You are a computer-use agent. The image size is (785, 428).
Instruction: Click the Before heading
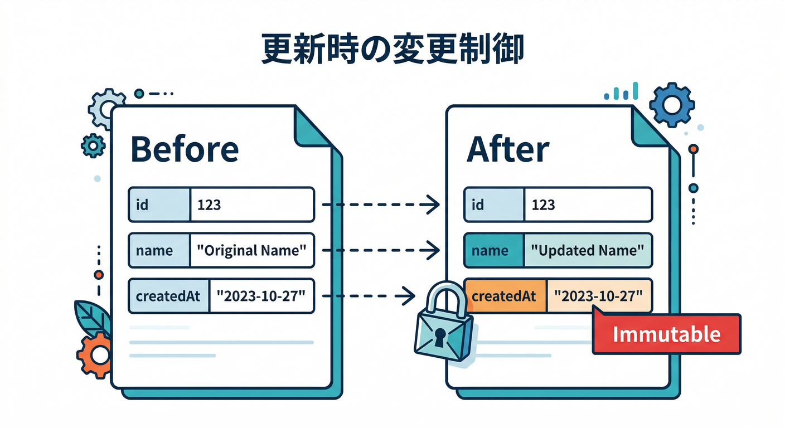[185, 149]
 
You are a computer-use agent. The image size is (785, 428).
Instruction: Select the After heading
[507, 149]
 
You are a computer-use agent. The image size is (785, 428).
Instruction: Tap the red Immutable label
[666, 334]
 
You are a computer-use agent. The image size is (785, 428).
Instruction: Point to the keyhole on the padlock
[440, 336]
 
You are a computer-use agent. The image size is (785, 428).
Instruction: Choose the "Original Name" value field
[252, 250]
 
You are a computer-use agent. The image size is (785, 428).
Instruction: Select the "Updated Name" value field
[588, 250]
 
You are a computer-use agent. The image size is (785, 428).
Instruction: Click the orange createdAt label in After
[504, 296]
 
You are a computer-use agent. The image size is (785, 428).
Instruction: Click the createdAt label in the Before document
[168, 296]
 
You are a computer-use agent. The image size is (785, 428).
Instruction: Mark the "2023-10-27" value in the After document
[599, 296]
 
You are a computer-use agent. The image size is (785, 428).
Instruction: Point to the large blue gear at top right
[672, 104]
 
